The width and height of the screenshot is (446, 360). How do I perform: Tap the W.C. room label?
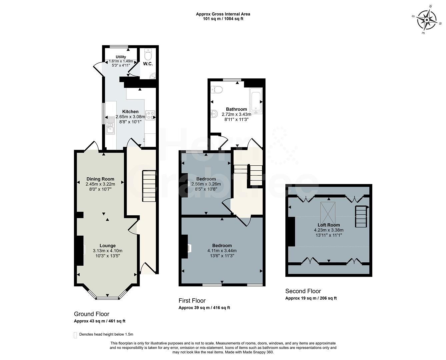(x=148, y=64)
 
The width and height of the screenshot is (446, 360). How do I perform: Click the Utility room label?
(x=121, y=57)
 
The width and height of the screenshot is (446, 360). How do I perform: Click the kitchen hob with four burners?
(x=150, y=115)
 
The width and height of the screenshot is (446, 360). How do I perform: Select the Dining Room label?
(x=100, y=179)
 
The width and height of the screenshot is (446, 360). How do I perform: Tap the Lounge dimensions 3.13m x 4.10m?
(x=107, y=251)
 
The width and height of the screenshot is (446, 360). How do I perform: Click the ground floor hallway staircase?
(x=149, y=186)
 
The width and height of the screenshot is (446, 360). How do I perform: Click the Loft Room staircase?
(x=361, y=217)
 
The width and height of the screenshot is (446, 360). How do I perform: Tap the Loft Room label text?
(x=328, y=225)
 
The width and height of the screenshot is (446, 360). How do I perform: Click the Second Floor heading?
(x=303, y=291)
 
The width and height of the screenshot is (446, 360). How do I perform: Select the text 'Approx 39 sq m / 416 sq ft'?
(x=204, y=308)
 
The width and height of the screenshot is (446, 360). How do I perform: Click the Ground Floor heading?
(x=92, y=314)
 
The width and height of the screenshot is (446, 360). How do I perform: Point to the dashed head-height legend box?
(x=75, y=335)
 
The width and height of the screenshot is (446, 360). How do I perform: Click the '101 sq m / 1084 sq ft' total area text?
(x=223, y=19)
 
